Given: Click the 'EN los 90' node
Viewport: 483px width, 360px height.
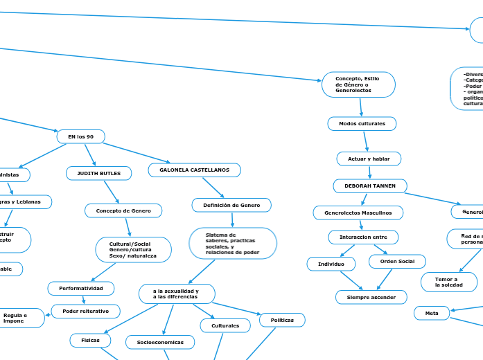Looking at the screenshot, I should pyautogui.click(x=80, y=137).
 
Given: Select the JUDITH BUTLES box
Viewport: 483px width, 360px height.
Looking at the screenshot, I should pyautogui.click(x=98, y=173).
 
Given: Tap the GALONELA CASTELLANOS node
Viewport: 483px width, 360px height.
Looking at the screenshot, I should pyautogui.click(x=195, y=170).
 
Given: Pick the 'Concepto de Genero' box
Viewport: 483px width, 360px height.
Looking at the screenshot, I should pyautogui.click(x=123, y=210).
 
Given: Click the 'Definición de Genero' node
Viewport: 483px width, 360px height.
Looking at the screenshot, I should pyautogui.click(x=231, y=205).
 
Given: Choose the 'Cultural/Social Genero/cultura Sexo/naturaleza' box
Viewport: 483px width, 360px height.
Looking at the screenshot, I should pyautogui.click(x=133, y=250).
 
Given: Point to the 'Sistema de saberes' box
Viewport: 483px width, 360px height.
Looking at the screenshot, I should pyautogui.click(x=233, y=244).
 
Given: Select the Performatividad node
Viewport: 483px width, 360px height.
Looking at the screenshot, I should pyautogui.click(x=81, y=288).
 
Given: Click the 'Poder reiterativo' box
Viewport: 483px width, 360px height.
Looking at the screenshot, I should pyautogui.click(x=86, y=312).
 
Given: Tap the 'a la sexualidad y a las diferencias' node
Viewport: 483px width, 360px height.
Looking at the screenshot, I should pyautogui.click(x=177, y=294).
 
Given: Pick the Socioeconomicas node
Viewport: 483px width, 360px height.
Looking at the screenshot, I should pyautogui.click(x=160, y=342).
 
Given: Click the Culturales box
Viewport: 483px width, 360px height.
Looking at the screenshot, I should pyautogui.click(x=225, y=325).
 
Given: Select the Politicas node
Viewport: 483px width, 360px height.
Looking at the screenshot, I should pyautogui.click(x=282, y=320).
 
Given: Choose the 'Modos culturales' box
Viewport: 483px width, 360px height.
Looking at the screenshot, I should pyautogui.click(x=362, y=123).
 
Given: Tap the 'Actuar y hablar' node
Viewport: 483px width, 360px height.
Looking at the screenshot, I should pyautogui.click(x=369, y=159).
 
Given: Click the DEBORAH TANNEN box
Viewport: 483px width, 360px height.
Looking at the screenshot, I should pyautogui.click(x=370, y=186).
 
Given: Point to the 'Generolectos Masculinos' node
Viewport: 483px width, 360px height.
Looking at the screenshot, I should pyautogui.click(x=358, y=213).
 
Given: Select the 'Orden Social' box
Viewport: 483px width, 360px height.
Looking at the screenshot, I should pyautogui.click(x=397, y=261).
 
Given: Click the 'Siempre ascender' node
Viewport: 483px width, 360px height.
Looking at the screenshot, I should pyautogui.click(x=370, y=297).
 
